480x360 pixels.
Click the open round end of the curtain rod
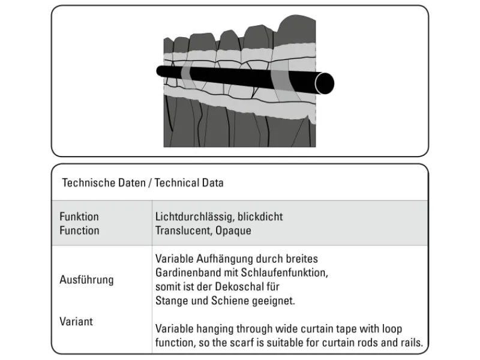[325, 83]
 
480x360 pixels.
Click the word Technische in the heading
[84, 182]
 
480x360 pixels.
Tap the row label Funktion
[79, 217]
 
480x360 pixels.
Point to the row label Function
[79, 230]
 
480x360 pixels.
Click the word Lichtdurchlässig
[191, 217]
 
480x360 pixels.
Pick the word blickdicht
[258, 217]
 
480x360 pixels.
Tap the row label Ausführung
[86, 280]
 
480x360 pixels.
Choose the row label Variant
[76, 322]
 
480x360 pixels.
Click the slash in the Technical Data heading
[150, 182]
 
